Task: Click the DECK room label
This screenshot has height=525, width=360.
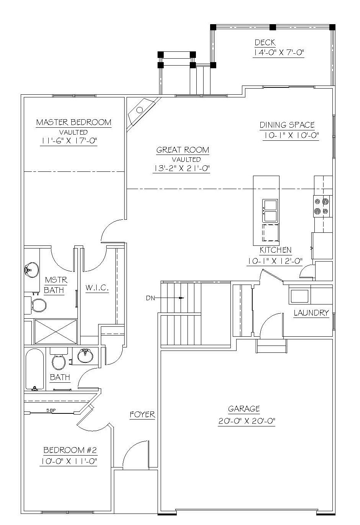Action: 265,43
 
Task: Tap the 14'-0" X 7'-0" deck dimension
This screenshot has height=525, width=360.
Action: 278,53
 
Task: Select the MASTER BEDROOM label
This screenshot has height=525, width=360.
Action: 74,122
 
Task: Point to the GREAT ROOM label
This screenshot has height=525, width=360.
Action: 182,150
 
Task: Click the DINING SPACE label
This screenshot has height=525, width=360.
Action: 287,125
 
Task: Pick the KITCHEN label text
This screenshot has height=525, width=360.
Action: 276,250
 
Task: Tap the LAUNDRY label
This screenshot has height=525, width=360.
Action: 311,313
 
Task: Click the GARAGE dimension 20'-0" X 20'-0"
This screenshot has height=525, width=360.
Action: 247,421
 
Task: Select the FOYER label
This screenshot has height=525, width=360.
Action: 143,415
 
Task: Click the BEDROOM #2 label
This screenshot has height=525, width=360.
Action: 70,450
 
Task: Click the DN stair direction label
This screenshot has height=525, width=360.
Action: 150,298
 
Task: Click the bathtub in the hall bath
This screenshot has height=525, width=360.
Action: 35,370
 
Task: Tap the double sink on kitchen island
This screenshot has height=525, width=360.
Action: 270,211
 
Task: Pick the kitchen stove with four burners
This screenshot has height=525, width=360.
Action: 323,206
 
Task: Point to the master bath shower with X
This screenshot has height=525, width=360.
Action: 56,331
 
